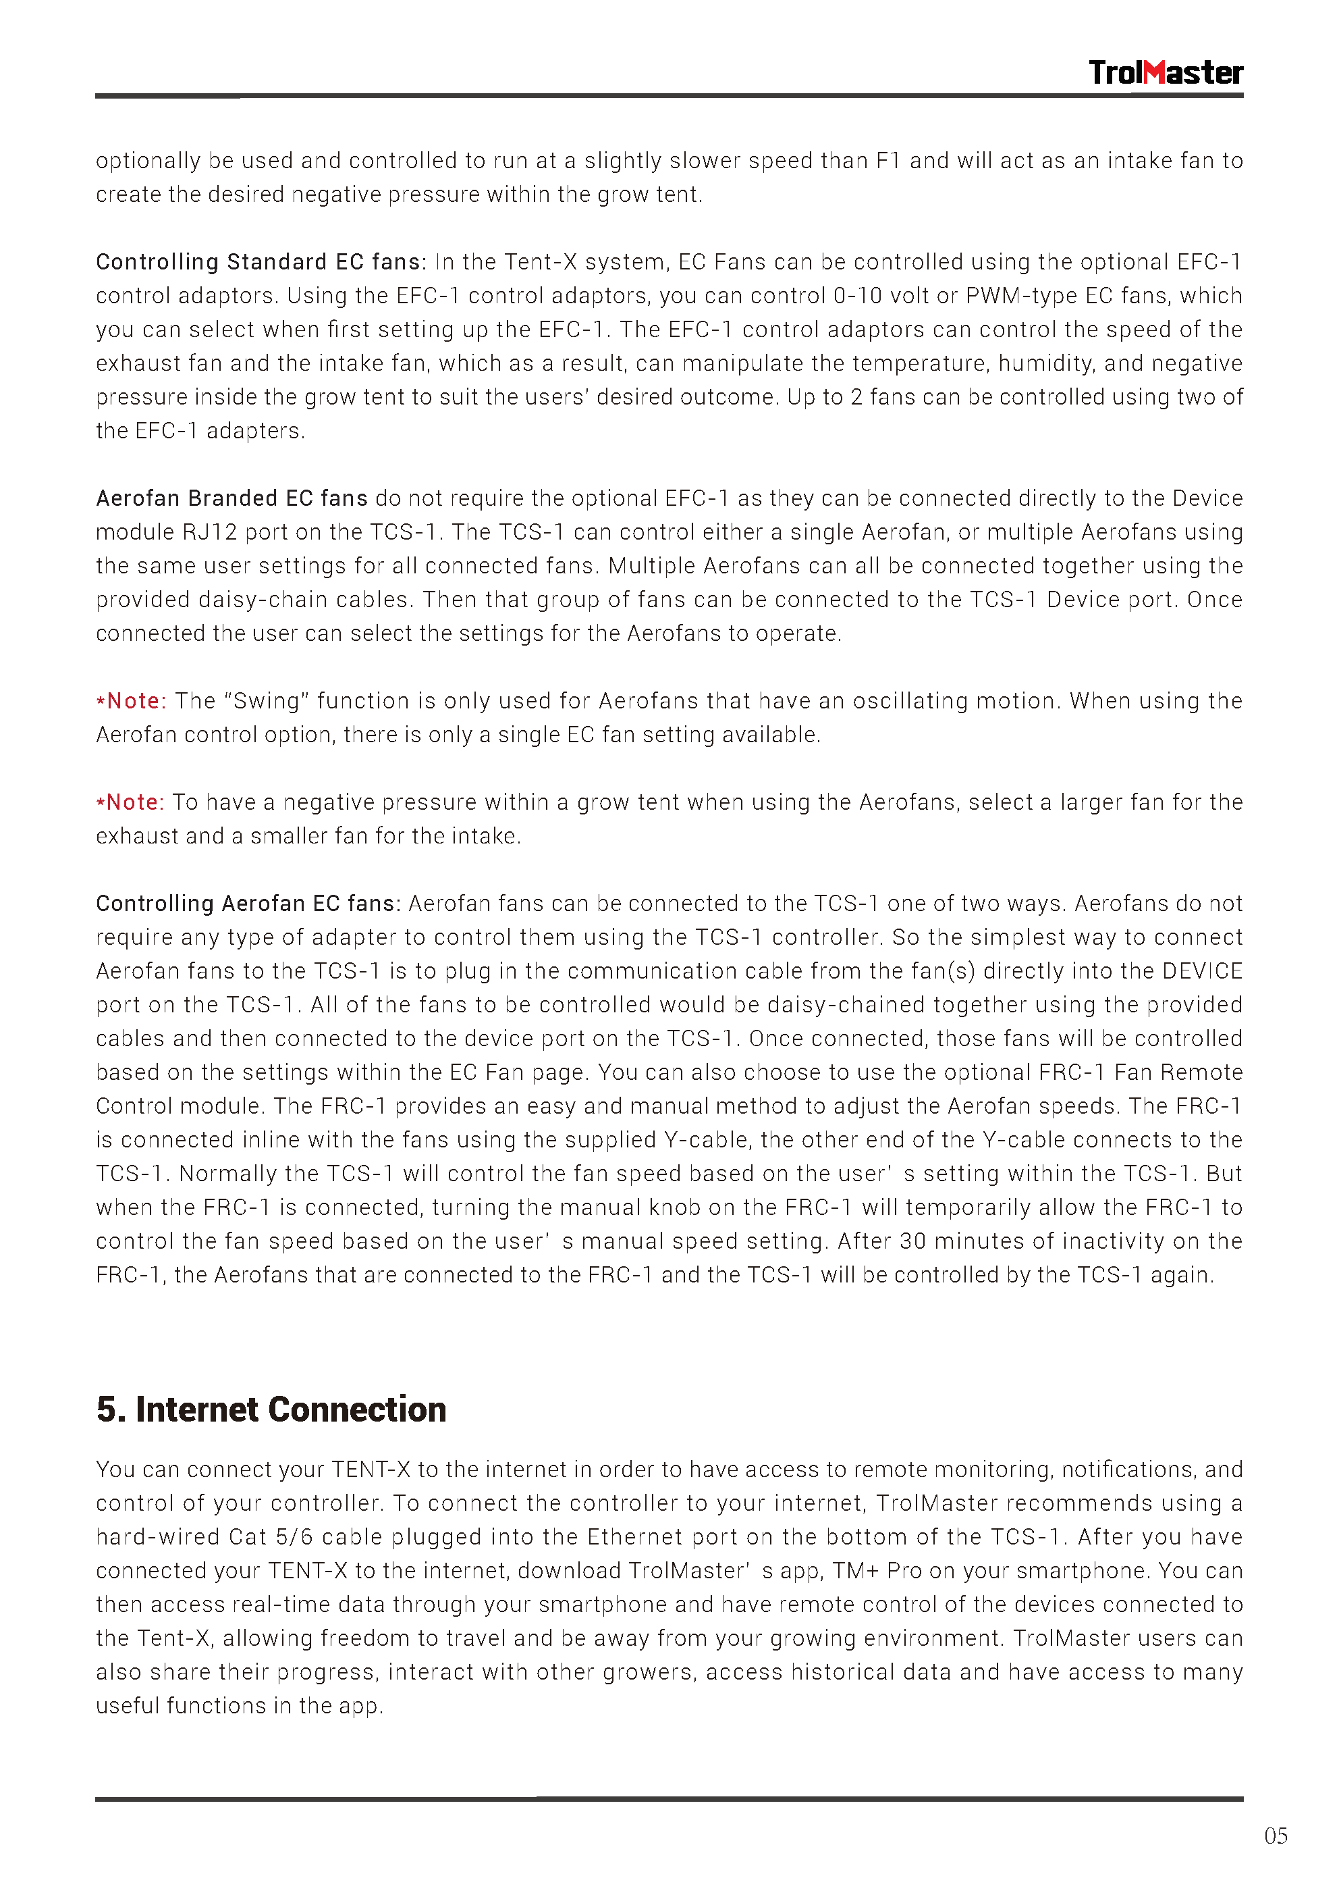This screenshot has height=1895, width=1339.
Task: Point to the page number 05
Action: (1275, 1836)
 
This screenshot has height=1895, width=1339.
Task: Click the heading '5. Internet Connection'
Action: (271, 1409)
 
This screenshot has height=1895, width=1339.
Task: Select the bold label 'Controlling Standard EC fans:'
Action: (261, 263)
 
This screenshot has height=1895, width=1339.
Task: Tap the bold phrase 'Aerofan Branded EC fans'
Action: (232, 498)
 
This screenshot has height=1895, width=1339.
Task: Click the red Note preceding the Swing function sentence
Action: (132, 702)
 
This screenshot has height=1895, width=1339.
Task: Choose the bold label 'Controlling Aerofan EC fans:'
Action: (248, 904)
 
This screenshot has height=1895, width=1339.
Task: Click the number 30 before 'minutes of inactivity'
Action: (912, 1241)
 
